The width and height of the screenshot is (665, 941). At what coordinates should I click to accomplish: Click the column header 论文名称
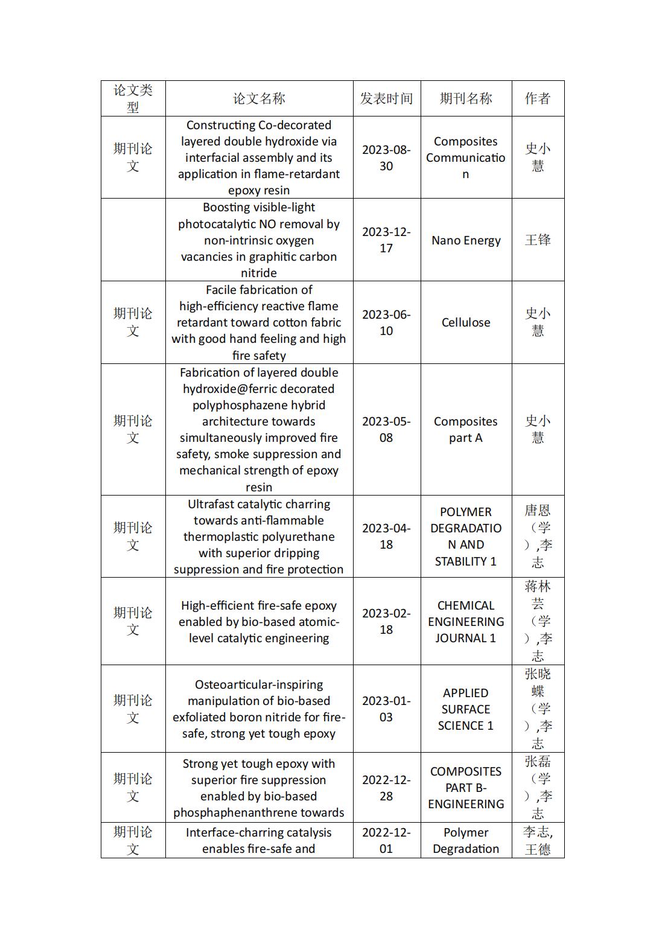(x=259, y=98)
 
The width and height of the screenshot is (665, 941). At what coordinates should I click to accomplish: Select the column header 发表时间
(x=386, y=98)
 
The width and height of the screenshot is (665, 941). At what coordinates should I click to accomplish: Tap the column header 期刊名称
(x=466, y=98)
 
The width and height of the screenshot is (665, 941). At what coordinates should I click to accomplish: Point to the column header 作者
(x=538, y=98)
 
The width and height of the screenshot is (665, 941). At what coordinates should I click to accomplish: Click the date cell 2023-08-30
(x=386, y=158)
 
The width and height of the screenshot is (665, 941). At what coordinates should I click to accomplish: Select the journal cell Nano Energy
(x=466, y=240)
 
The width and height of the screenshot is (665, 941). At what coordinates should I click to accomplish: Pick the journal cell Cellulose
(x=466, y=322)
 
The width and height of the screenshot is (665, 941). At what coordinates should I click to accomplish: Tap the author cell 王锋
(x=538, y=240)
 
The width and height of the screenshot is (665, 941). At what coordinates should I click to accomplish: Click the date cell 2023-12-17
(x=386, y=240)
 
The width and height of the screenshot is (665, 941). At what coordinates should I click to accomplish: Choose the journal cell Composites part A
(x=466, y=429)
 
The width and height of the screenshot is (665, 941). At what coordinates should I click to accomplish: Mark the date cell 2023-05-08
(x=386, y=429)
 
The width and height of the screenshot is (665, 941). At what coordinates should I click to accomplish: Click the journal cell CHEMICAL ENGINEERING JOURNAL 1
(x=466, y=621)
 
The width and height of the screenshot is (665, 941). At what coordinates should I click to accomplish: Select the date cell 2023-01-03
(x=386, y=709)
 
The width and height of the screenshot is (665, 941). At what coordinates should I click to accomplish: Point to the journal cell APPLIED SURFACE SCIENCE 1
(x=466, y=709)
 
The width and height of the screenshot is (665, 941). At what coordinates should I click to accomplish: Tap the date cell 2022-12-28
(x=386, y=788)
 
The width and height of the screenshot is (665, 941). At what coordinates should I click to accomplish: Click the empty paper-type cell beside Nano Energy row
(x=133, y=240)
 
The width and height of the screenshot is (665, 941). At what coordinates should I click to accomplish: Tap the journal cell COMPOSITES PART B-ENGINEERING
(x=466, y=788)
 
